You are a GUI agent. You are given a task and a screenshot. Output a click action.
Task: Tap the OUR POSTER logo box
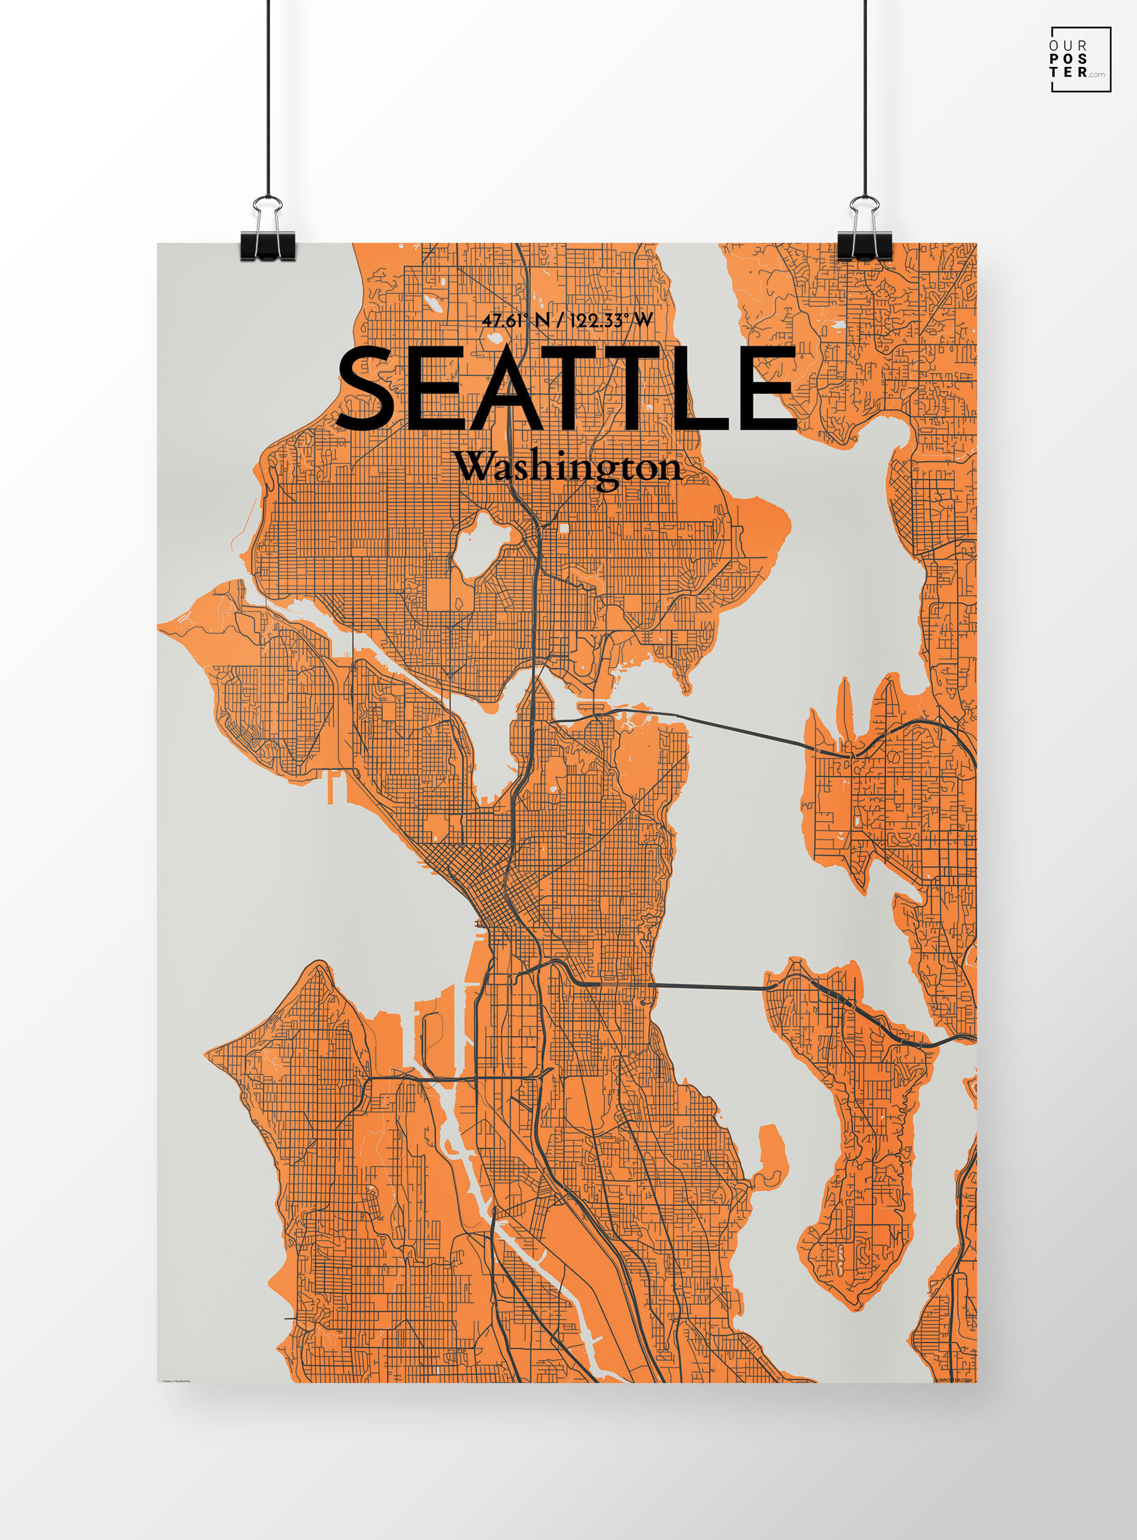point(1081,59)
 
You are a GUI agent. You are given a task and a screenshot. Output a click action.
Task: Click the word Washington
point(568,468)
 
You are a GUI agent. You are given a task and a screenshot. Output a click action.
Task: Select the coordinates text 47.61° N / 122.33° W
point(567,320)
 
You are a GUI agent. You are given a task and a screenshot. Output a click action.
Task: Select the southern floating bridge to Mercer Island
point(709,987)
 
